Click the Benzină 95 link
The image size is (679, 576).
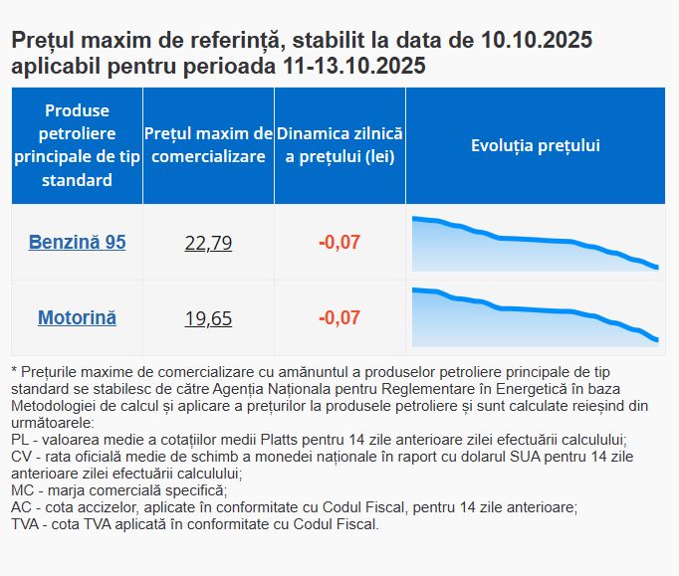pos(77,242)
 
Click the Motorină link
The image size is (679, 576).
pos(77,318)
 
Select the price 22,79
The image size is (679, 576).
pos(208,243)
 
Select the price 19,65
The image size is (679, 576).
pos(208,319)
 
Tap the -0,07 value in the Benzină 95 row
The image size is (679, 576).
pos(339,242)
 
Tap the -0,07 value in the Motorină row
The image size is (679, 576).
pos(339,318)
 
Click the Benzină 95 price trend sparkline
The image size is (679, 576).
pos(535,243)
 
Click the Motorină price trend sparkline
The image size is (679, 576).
pos(535,316)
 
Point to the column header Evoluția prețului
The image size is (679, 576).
pos(535,146)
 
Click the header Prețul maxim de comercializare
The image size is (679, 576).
pos(208,145)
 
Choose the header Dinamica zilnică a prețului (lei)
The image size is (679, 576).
pos(339,145)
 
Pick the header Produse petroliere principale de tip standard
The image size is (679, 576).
pos(77,145)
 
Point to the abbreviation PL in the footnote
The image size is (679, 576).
pos(20,438)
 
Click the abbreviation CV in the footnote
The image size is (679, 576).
pos(21,456)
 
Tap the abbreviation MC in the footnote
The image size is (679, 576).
pos(22,489)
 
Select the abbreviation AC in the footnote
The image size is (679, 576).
pos(21,506)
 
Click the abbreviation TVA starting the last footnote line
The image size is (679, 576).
pos(27,523)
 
